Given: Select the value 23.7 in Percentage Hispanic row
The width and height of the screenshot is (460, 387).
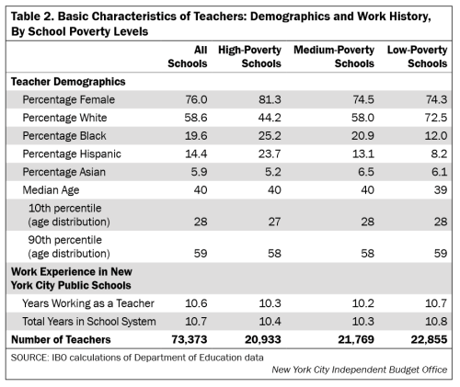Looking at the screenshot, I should click(260, 153).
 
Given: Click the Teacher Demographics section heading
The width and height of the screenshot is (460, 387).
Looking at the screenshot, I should click(68, 81).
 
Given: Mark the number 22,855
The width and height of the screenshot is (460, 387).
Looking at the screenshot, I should click(429, 339).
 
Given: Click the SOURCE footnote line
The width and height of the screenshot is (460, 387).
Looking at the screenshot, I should click(137, 356).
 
